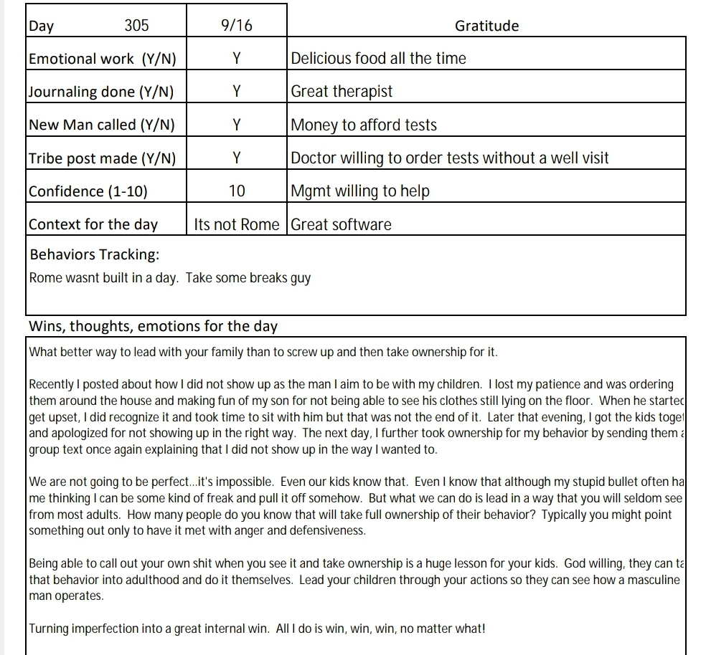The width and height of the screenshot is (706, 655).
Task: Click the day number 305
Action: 136,26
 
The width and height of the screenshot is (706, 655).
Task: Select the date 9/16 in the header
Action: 237,26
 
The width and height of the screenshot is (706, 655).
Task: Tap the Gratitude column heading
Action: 486,26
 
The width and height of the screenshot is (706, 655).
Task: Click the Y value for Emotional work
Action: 237,59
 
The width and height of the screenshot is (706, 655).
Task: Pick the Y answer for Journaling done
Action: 237,92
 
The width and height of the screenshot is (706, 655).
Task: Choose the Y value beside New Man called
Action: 237,125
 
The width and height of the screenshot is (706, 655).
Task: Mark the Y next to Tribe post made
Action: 237,158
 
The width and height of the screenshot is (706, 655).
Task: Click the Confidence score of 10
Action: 237,191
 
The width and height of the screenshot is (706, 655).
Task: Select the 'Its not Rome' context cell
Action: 237,224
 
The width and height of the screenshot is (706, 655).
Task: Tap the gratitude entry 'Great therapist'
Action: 342,92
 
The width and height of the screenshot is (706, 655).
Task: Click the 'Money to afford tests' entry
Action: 364,125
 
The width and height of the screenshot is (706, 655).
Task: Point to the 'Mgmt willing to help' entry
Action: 360,191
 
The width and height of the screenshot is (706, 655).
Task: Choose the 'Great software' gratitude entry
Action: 342,224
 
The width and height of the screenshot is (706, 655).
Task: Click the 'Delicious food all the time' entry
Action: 378,59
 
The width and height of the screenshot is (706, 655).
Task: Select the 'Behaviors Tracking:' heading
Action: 94,255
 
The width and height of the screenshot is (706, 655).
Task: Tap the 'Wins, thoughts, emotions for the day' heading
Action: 153,327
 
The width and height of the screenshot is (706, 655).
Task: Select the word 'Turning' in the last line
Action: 49,629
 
